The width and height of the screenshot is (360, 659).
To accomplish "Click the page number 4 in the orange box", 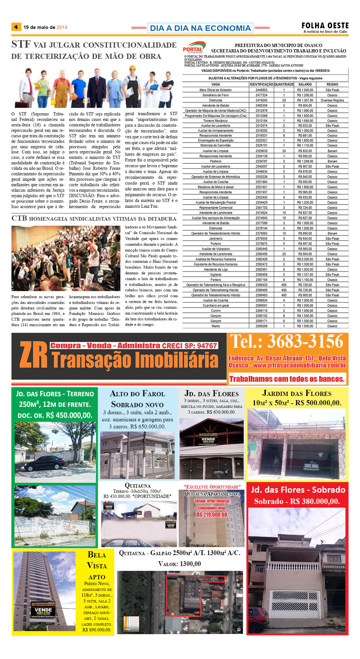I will point(16,27).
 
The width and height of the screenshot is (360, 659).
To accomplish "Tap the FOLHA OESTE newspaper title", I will point(325,26).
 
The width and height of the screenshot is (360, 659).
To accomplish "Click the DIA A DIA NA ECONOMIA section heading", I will point(200,28).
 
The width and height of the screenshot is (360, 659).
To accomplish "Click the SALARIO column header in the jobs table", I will point(305,84).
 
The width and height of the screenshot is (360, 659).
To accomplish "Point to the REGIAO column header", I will point(332,84).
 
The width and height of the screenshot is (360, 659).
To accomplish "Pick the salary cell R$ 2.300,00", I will point(305,259).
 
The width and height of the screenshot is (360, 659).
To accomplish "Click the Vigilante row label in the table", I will point(216,275).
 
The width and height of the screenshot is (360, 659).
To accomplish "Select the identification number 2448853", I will point(261,90).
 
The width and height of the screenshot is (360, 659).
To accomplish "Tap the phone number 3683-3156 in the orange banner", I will point(305,342).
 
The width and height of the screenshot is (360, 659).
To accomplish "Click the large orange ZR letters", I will point(33,355).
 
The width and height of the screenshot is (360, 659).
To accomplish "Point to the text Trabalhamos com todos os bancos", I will point(287,379).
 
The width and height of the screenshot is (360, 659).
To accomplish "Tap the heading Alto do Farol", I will point(137,394).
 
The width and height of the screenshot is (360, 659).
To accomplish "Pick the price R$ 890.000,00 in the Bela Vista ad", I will point(97,630).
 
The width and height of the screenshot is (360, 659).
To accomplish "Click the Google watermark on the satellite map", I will point(201,631).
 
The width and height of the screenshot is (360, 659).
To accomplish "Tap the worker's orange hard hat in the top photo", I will point(132,69).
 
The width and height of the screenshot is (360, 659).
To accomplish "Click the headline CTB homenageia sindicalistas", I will point(94,219).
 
